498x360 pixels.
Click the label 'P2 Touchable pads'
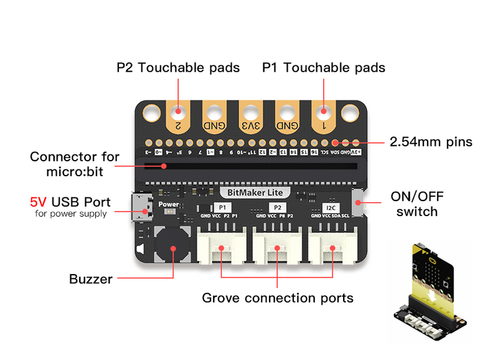point(178,67)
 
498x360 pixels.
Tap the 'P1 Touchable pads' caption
point(324,67)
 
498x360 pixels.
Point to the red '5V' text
point(39,202)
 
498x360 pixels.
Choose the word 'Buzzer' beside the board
point(91,278)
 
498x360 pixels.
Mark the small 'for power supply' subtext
point(70,214)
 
